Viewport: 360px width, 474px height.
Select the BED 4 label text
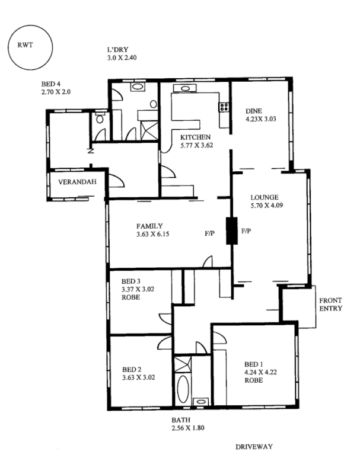coord(52,84)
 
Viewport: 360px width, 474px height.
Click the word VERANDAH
coord(77,182)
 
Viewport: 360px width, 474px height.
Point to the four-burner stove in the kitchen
coord(225,107)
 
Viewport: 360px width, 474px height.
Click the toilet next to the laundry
coord(100,119)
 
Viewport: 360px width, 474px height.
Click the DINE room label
coord(254,109)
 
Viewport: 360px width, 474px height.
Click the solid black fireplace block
coord(231,230)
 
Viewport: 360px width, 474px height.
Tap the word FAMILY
coord(149,226)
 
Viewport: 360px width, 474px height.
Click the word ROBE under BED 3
coord(130,297)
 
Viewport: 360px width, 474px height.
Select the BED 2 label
coord(131,367)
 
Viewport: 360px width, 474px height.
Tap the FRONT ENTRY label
coord(330,303)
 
